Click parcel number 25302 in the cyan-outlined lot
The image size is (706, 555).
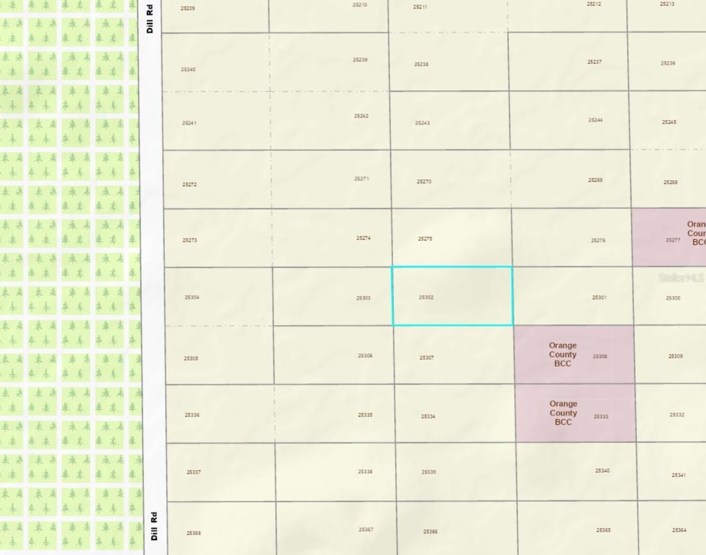[426, 297]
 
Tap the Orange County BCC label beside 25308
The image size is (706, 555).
[562, 355]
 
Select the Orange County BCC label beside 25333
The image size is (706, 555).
[563, 413]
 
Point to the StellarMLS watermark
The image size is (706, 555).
[681, 278]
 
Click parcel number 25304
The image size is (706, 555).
[191, 297]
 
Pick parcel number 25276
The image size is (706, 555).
[598, 240]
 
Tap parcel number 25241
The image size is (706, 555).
[189, 123]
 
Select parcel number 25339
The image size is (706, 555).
[428, 472]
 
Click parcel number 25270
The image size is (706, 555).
[424, 182]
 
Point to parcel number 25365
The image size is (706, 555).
[603, 530]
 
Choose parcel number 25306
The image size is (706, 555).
[365, 356]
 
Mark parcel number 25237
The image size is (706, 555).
[594, 62]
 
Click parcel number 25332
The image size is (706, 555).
[677, 414]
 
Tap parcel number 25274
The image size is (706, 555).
[363, 238]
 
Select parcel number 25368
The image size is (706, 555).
[193, 533]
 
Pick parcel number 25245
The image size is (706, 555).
[669, 122]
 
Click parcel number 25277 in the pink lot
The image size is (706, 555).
[673, 240]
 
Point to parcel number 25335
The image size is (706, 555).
[365, 414]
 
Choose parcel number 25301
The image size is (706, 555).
[599, 297]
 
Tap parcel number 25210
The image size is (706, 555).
[360, 5]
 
